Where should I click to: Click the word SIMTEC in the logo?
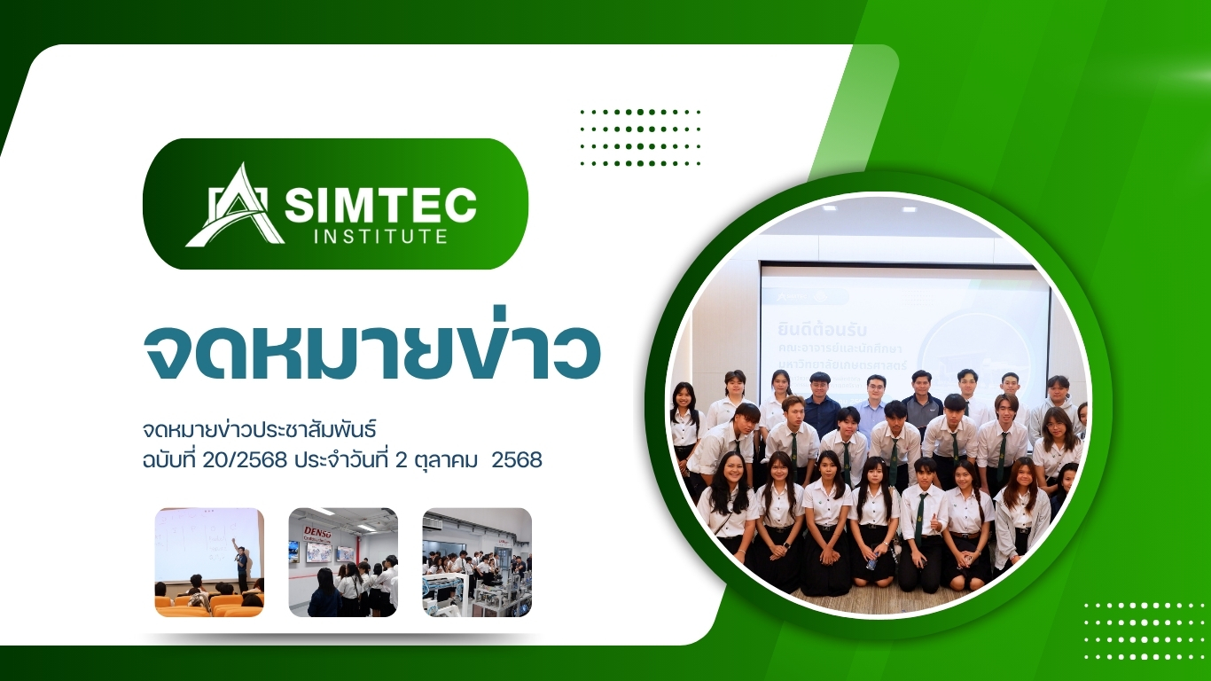pos(380,206)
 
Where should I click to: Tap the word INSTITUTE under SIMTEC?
pos(380,237)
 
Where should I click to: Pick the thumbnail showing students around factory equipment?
pos(477,562)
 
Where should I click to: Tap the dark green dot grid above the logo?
pos(639,137)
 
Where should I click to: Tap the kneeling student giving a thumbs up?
pos(922,519)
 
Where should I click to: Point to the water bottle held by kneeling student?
pos(872,560)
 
